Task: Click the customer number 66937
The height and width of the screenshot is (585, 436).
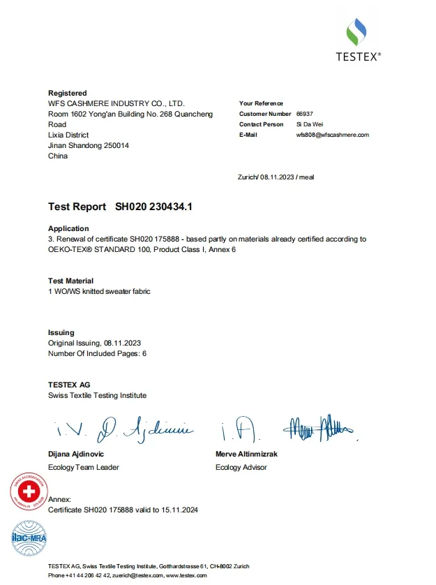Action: click(305, 114)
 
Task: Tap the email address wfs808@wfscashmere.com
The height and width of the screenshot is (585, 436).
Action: click(332, 135)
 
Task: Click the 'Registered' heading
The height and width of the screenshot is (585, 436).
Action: click(67, 93)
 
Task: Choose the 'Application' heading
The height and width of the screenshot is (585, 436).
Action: click(68, 228)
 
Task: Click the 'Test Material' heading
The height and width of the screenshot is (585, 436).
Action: click(70, 281)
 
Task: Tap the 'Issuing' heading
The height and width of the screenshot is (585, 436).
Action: click(61, 332)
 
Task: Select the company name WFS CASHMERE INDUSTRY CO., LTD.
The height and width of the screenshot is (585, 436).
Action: click(116, 103)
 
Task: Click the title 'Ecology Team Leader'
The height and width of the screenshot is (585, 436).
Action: click(83, 467)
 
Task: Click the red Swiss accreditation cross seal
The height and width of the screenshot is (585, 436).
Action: click(29, 491)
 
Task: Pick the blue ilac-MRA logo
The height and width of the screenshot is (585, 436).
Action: click(27, 538)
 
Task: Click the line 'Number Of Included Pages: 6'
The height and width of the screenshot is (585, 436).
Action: click(97, 353)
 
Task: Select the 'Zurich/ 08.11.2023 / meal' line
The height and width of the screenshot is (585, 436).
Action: click(276, 177)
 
